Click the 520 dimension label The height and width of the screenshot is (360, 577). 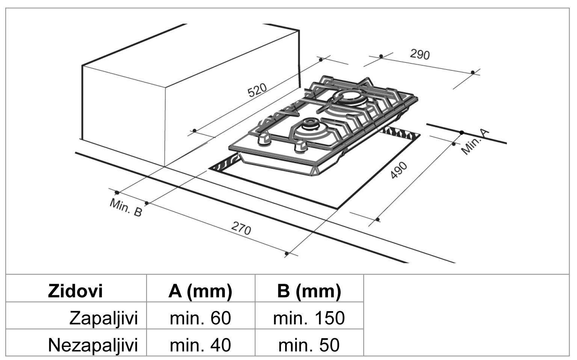point(257,90)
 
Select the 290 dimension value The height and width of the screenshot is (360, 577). point(420,54)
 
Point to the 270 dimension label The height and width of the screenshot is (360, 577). point(241,228)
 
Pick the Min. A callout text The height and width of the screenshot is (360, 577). point(475,142)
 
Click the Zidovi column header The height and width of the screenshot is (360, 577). point(75,291)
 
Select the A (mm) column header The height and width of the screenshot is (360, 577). point(200,291)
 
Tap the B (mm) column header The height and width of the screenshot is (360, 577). point(309,291)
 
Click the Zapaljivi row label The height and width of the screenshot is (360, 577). point(104,318)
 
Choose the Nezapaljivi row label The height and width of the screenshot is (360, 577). point(93,345)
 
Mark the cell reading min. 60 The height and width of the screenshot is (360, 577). point(200,318)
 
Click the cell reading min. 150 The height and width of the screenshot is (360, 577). point(309,318)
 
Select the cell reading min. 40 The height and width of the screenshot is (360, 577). point(200,345)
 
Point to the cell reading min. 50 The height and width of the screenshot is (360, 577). point(309,345)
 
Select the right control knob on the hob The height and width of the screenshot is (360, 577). point(299,148)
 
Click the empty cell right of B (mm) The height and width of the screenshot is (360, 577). point(466,315)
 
